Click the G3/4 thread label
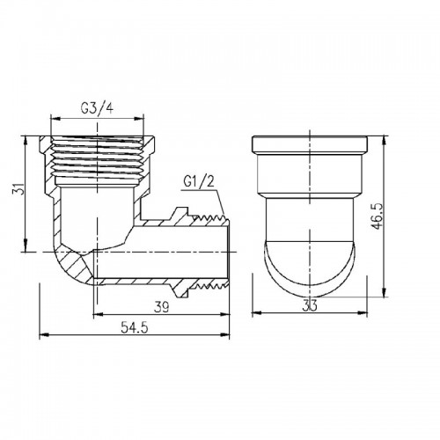coord(97,109)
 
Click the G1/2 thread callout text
coord(199,182)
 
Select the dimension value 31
coord(18,188)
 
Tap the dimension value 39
coord(162,307)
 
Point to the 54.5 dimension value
coord(135,328)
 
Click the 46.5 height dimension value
coord(378,216)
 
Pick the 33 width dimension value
coord(310,306)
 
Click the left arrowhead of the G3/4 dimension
coord(55,119)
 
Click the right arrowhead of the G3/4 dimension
coord(139,119)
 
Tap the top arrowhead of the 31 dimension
coord(26,141)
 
